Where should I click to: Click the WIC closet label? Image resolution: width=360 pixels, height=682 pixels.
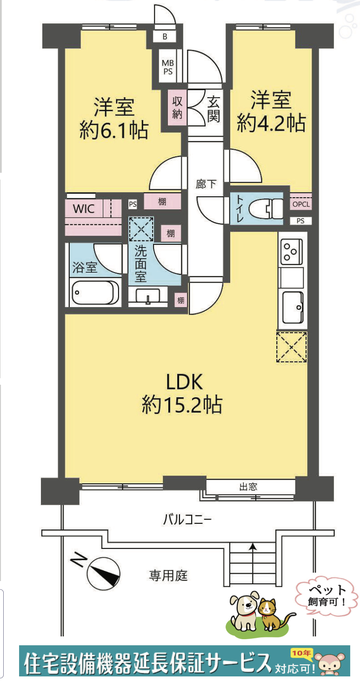(x=84, y=208)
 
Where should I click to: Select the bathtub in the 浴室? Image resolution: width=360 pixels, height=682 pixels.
(x=95, y=293)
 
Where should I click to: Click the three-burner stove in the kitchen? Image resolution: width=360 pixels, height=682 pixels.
(x=292, y=251)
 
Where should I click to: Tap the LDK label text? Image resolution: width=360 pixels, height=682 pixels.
(x=185, y=382)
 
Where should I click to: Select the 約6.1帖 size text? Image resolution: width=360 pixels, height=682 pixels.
(x=113, y=131)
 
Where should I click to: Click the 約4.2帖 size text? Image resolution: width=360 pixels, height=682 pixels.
(x=271, y=123)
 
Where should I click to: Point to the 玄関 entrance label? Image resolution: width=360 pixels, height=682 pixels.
(x=213, y=109)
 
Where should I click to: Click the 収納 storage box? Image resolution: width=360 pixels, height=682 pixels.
(x=177, y=107)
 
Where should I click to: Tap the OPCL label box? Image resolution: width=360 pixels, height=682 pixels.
(x=300, y=204)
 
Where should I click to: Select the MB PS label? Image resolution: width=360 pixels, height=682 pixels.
(x=167, y=67)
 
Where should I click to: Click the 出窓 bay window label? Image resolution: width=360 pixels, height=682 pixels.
(x=248, y=487)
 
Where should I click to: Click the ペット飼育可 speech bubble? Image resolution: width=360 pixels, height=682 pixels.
(x=327, y=595)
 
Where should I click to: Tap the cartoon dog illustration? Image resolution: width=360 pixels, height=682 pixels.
(x=244, y=610)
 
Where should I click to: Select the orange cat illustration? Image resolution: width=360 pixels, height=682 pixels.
(x=269, y=614)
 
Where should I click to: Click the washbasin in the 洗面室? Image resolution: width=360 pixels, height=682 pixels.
(x=147, y=296)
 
